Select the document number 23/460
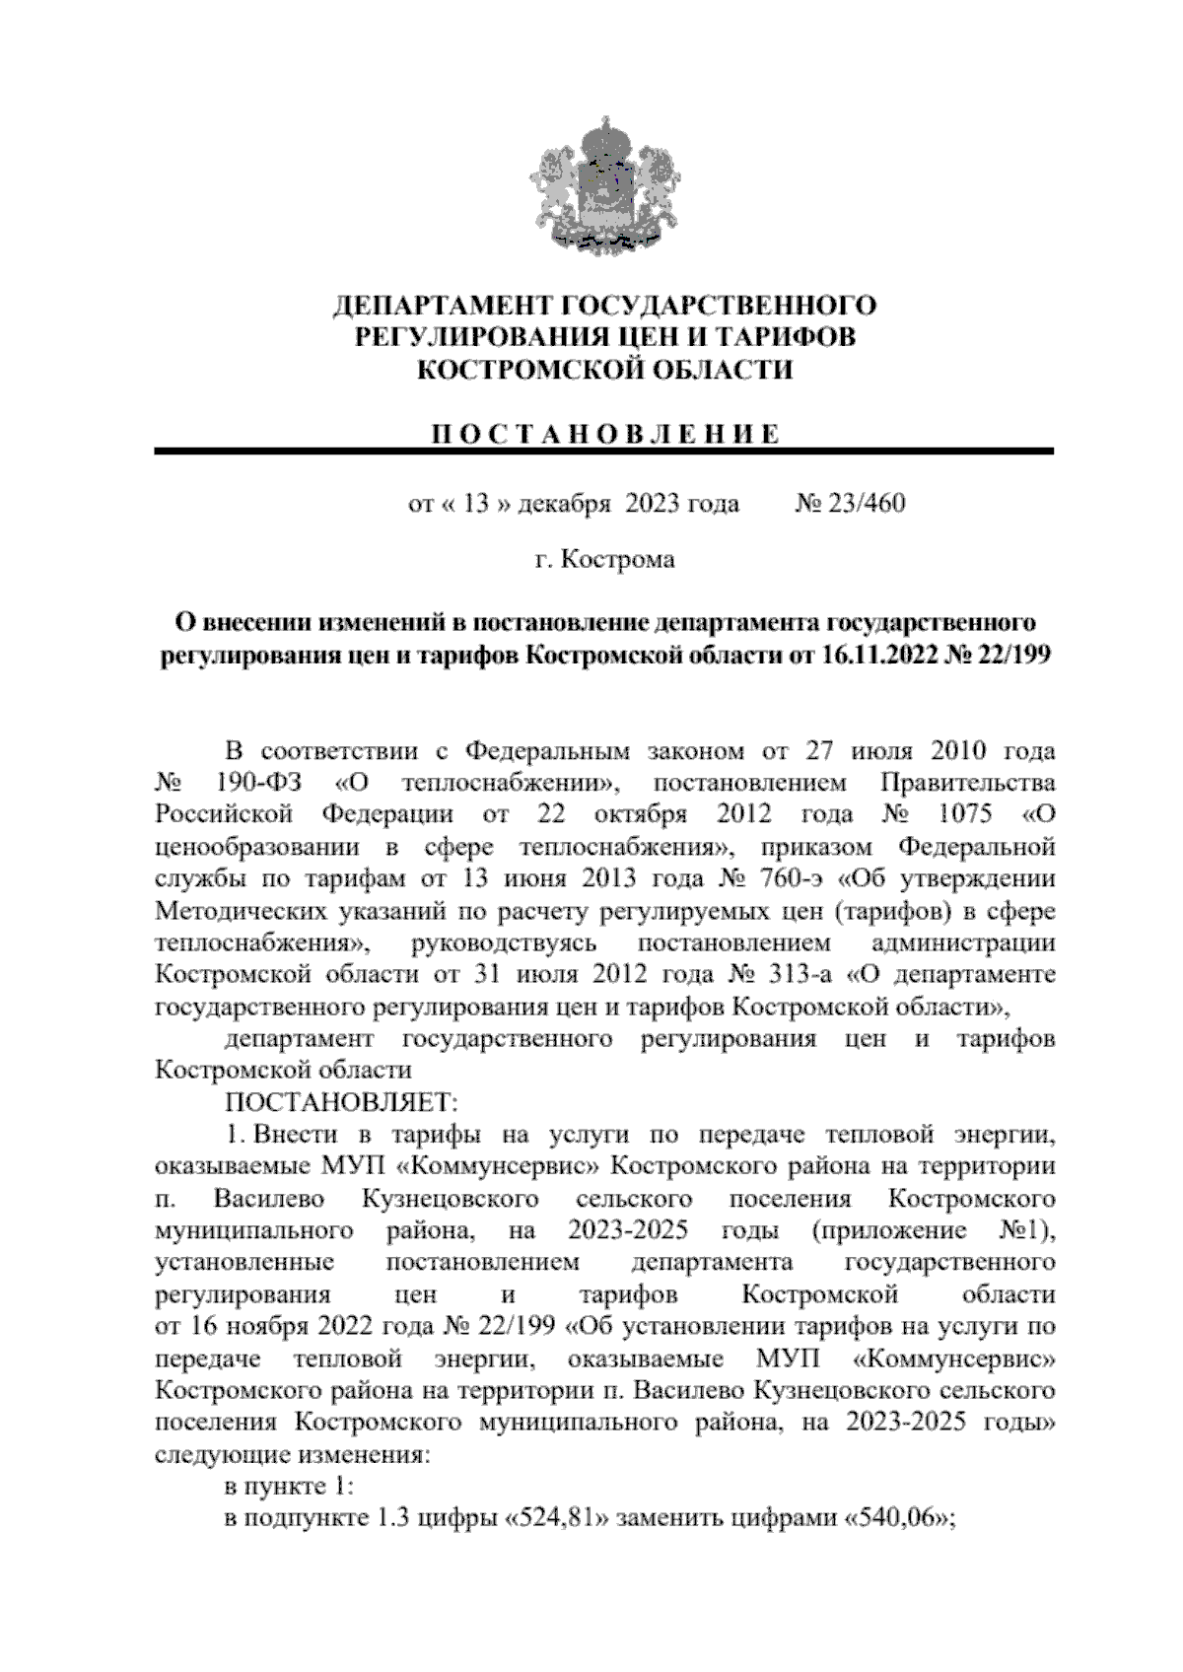(x=865, y=505)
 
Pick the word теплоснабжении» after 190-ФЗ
(x=509, y=784)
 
